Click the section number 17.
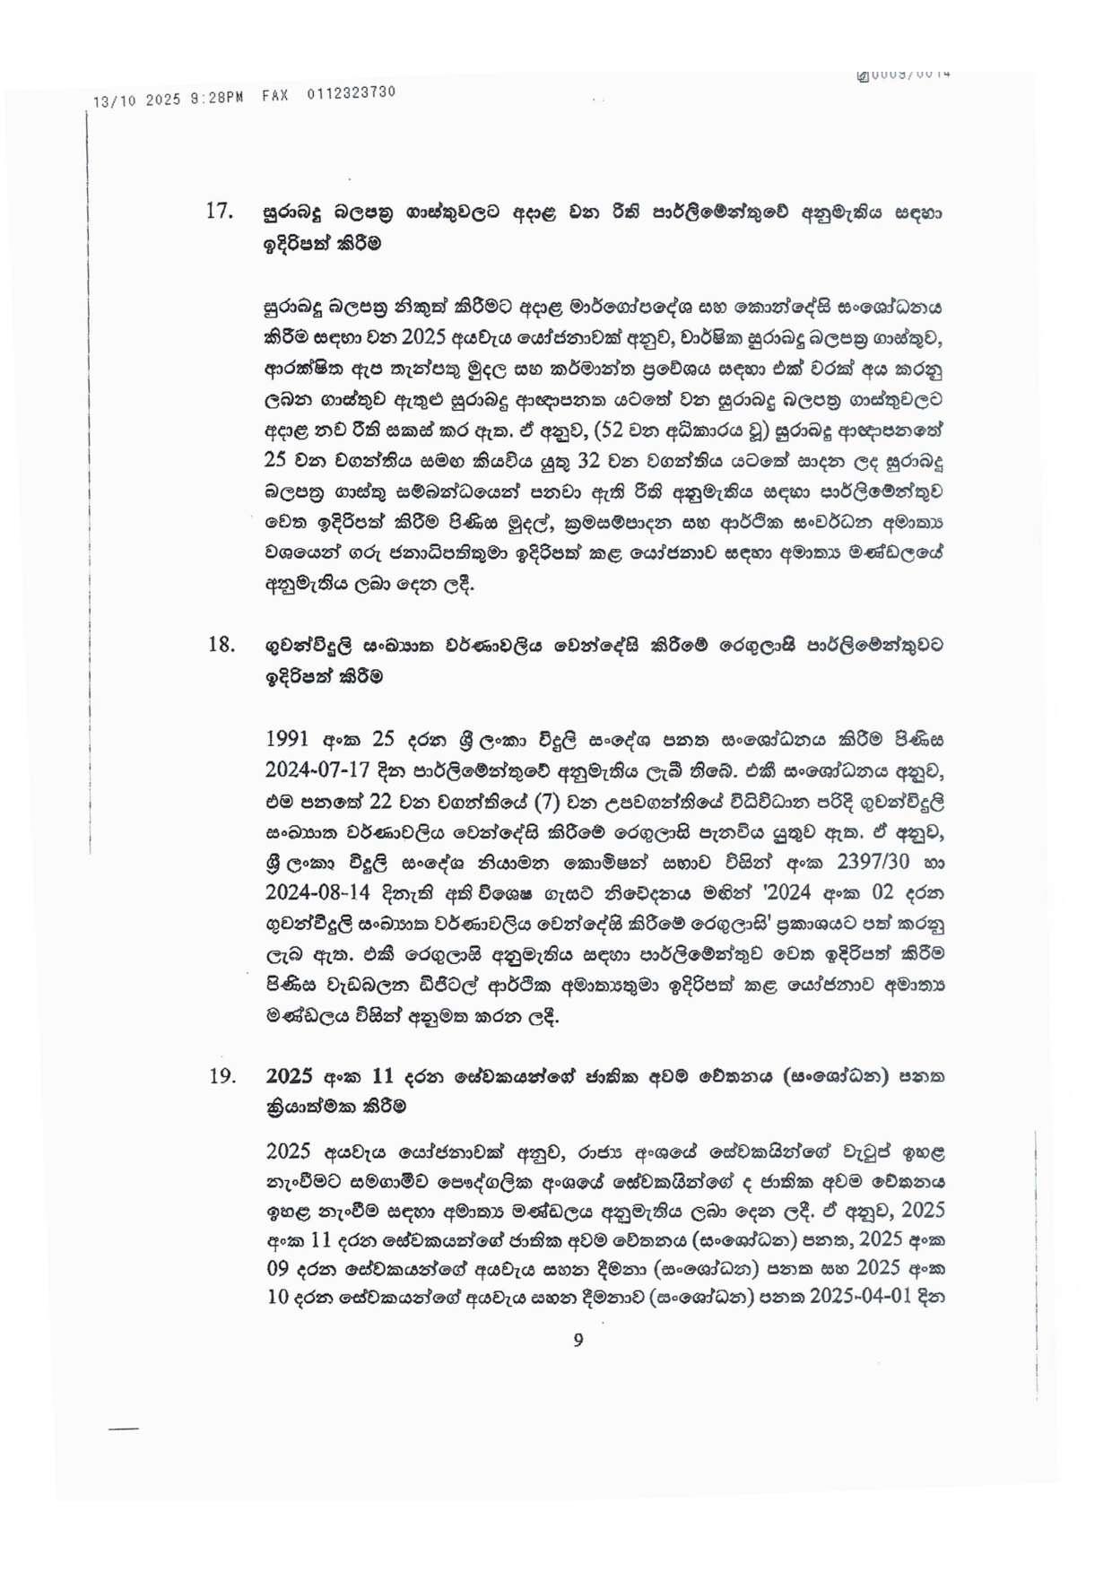pos(220,213)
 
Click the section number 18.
pos(221,645)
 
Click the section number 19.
pos(222,1076)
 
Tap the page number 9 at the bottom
pos(578,1340)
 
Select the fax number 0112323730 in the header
pos(351,93)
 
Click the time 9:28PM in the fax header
pos(216,97)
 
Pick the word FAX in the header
pos(275,95)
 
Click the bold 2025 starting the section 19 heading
pos(288,1076)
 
